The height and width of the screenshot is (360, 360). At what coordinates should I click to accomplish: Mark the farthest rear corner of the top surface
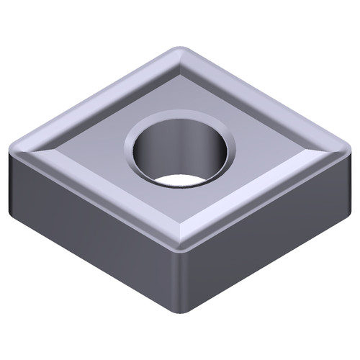point(178,50)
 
